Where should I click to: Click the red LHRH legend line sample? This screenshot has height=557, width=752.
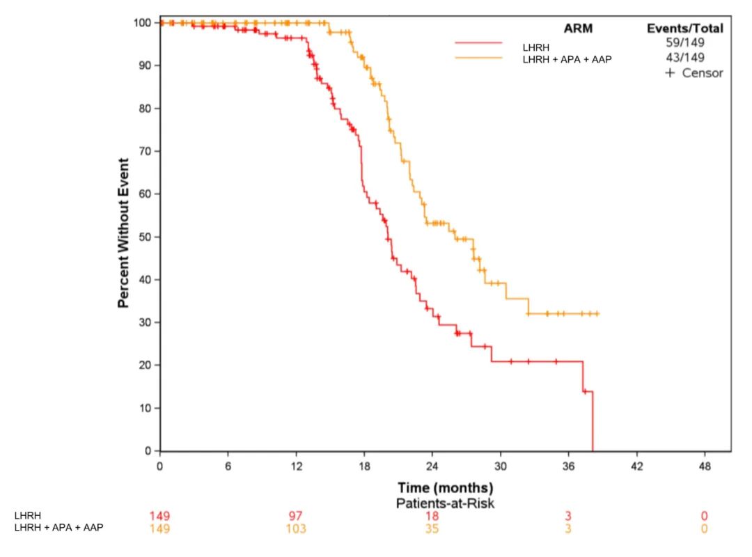click(x=478, y=43)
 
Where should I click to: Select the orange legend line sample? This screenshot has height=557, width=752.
click(x=478, y=58)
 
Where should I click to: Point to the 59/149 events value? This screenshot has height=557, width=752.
click(x=685, y=42)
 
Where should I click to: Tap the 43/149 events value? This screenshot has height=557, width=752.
click(x=685, y=57)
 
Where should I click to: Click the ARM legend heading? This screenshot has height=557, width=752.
click(x=577, y=28)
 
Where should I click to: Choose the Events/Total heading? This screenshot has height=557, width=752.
click(x=685, y=29)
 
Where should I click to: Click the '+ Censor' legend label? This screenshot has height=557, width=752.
click(x=694, y=72)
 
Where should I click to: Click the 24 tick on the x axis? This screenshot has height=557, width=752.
click(x=432, y=466)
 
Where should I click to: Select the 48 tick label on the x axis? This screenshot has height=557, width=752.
click(x=705, y=466)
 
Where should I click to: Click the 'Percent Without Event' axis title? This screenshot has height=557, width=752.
click(x=123, y=233)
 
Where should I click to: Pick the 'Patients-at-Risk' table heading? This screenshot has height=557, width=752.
click(x=445, y=503)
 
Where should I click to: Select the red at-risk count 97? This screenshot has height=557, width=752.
click(x=296, y=516)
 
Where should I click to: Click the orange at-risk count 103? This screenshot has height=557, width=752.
click(x=296, y=528)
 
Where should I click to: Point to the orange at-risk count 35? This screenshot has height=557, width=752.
click(x=432, y=528)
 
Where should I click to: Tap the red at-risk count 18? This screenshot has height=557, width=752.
click(x=432, y=516)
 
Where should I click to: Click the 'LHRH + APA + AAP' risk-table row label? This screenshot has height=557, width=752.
click(x=58, y=528)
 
